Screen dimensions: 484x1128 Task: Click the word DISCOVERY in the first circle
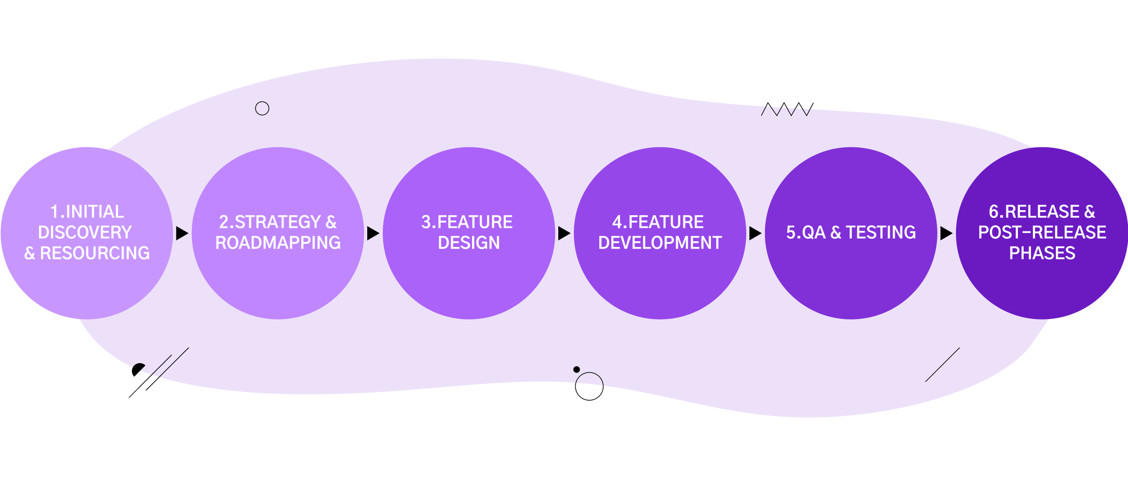(85, 232)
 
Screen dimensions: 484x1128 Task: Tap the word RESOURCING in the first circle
(95, 253)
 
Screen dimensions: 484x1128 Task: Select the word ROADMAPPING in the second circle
(278, 243)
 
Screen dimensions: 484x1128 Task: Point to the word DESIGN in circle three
(468, 243)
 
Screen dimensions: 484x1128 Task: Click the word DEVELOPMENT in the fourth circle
(660, 243)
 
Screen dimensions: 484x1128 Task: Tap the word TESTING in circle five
(881, 232)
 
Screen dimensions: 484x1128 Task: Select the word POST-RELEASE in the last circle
(1042, 232)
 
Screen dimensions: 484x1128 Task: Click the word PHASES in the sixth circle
(1042, 253)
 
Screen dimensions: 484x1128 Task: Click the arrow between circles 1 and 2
(182, 233)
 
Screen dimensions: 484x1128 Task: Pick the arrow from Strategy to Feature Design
(373, 233)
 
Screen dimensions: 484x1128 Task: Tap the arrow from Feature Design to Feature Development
(564, 233)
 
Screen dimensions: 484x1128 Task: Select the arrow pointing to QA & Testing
(755, 233)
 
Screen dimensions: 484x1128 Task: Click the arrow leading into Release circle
(946, 233)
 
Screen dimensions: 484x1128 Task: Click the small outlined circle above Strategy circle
(262, 108)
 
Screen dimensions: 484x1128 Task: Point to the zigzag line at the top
(785, 110)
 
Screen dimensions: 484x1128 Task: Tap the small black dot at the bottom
(576, 369)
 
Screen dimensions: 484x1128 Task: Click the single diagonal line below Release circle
(942, 365)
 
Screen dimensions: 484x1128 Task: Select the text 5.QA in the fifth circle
(805, 232)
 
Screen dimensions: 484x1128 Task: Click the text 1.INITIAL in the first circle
(87, 212)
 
